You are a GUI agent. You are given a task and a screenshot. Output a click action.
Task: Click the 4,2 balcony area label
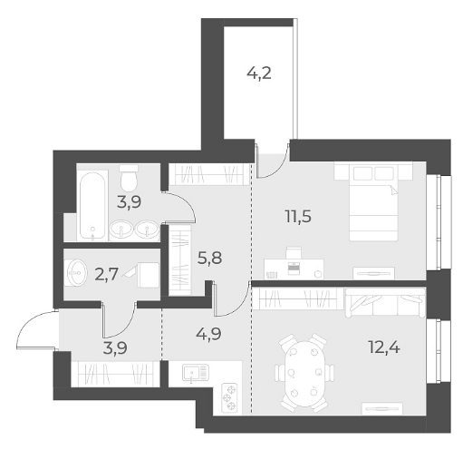259,73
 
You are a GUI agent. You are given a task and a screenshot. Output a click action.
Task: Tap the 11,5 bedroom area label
298,217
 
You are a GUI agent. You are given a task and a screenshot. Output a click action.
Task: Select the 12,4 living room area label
384,347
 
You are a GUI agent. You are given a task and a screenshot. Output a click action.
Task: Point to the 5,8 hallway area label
209,258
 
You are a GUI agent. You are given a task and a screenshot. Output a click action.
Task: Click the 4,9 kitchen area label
208,334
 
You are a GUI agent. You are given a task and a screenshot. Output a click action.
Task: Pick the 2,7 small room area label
106,275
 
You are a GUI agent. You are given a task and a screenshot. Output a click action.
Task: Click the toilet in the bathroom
129,178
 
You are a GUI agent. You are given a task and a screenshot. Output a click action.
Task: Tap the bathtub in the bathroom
92,206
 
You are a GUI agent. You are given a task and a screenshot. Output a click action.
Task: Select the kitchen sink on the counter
196,373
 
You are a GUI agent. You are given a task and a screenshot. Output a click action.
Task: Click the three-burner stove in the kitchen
229,397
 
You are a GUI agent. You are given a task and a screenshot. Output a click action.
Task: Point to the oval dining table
304,373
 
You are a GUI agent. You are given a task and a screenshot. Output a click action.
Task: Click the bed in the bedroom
373,201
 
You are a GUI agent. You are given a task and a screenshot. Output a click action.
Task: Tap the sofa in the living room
385,302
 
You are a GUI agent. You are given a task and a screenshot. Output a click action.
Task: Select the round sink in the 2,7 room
77,273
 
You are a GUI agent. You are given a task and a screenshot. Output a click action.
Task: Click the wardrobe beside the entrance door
115,374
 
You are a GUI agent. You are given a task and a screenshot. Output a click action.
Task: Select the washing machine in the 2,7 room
149,275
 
